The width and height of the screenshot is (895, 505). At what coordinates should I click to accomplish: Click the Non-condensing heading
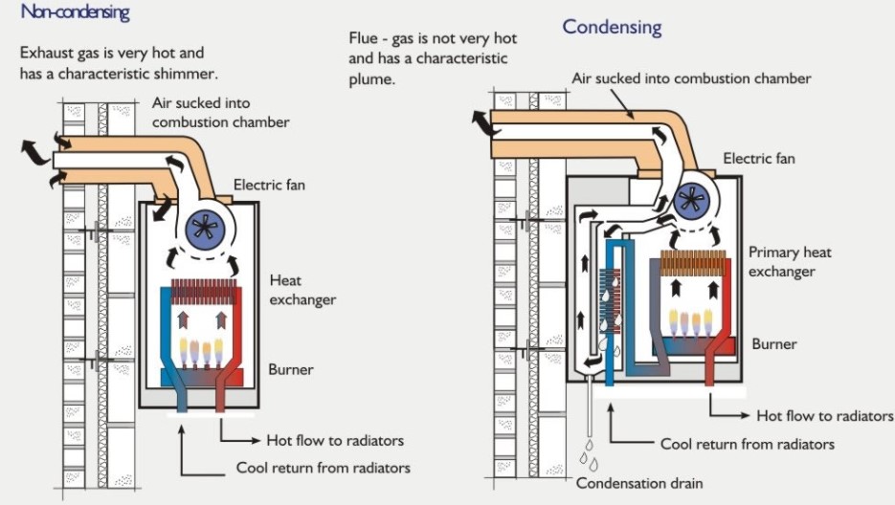[75, 13]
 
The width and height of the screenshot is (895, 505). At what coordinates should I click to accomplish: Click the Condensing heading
[612, 26]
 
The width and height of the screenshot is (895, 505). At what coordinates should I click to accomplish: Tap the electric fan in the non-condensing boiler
[201, 226]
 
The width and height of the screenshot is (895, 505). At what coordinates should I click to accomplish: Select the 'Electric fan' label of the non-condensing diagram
[269, 184]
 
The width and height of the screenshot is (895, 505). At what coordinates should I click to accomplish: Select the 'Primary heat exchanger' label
[790, 262]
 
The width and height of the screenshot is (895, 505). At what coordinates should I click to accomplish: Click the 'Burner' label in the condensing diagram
[774, 343]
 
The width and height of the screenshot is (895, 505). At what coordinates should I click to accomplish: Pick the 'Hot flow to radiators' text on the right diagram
[824, 416]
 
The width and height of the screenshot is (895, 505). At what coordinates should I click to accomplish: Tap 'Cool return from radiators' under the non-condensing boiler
[323, 468]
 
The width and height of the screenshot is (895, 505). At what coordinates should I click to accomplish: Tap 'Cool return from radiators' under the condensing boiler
[747, 444]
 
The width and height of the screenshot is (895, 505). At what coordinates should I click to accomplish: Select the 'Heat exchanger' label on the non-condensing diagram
[302, 290]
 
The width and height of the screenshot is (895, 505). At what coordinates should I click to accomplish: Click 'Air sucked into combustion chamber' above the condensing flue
[691, 78]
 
